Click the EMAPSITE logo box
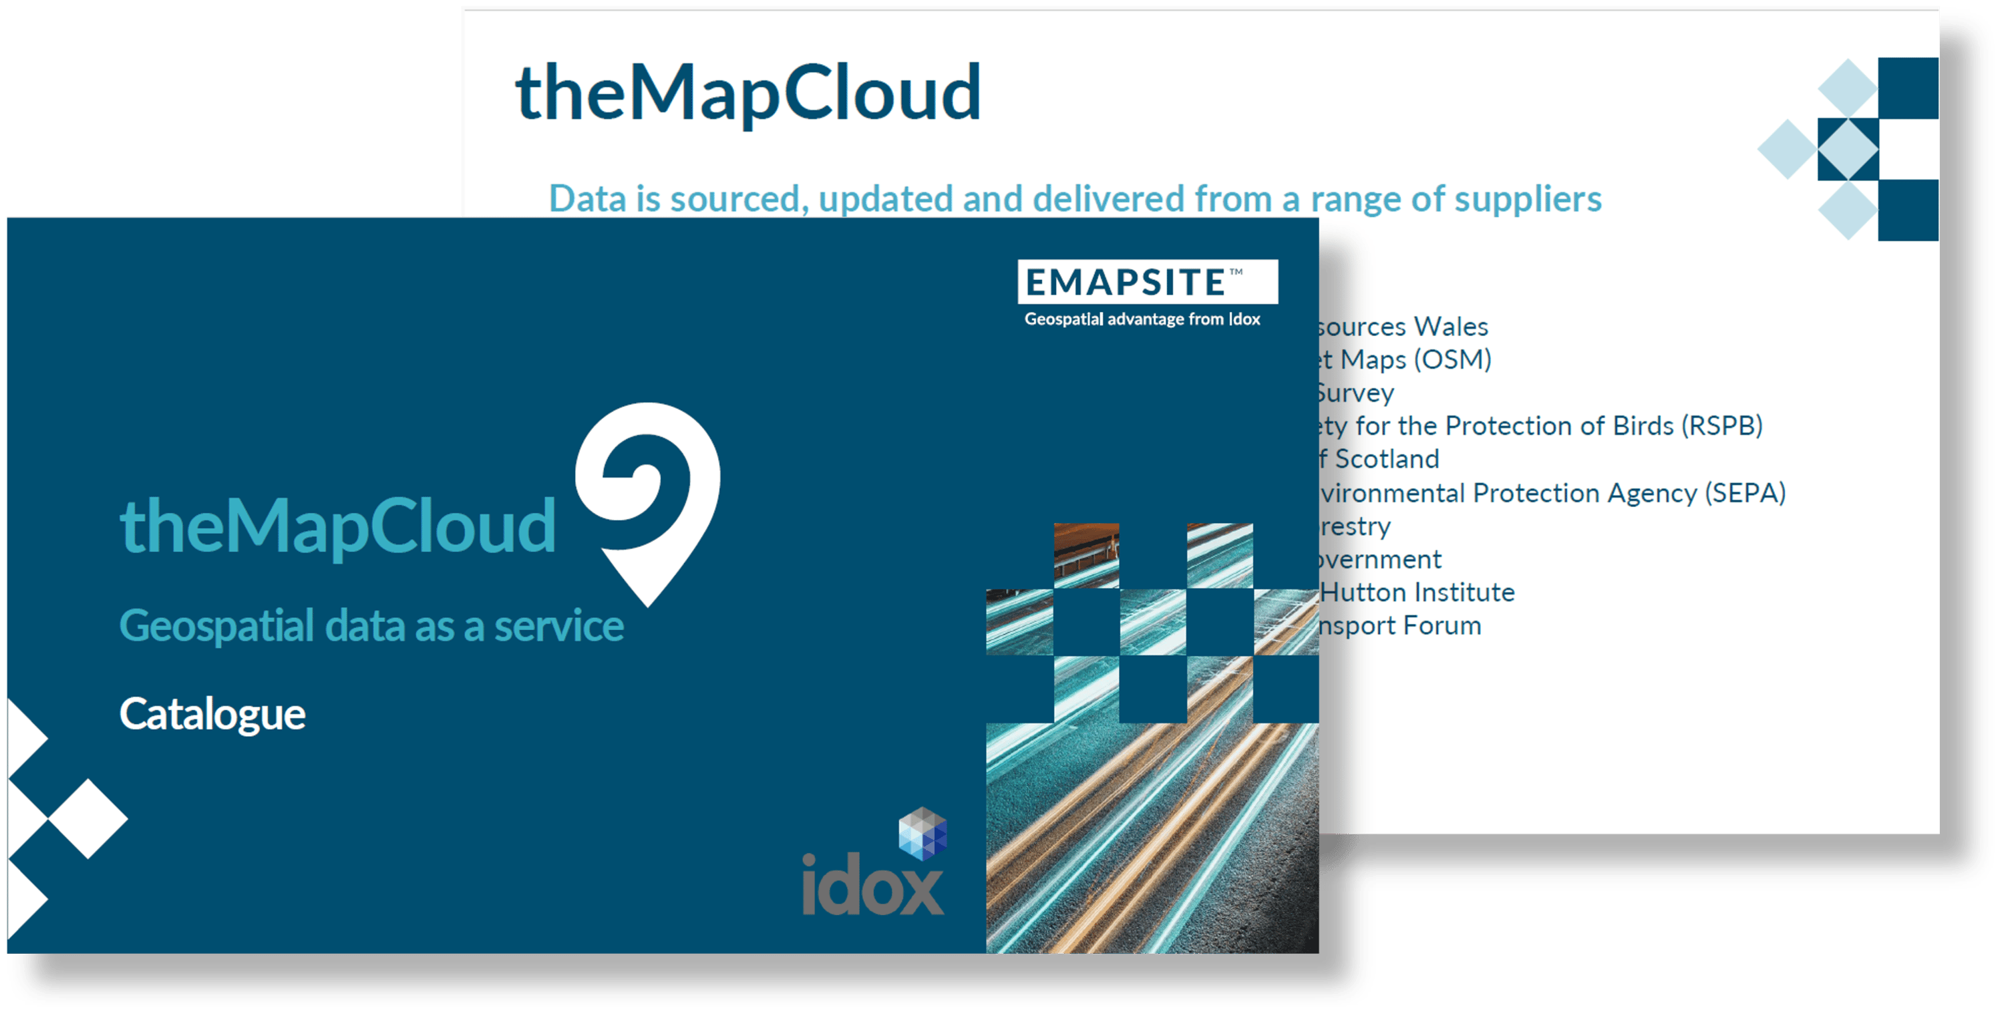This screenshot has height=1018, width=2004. point(1147,281)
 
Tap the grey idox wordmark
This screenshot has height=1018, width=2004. point(873,885)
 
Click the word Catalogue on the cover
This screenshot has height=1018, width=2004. point(212,714)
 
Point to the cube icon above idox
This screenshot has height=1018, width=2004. point(923,833)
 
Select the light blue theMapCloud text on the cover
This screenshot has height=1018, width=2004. point(337,526)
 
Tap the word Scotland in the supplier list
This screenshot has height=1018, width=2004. point(1386,459)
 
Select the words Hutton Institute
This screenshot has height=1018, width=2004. point(1417,592)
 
